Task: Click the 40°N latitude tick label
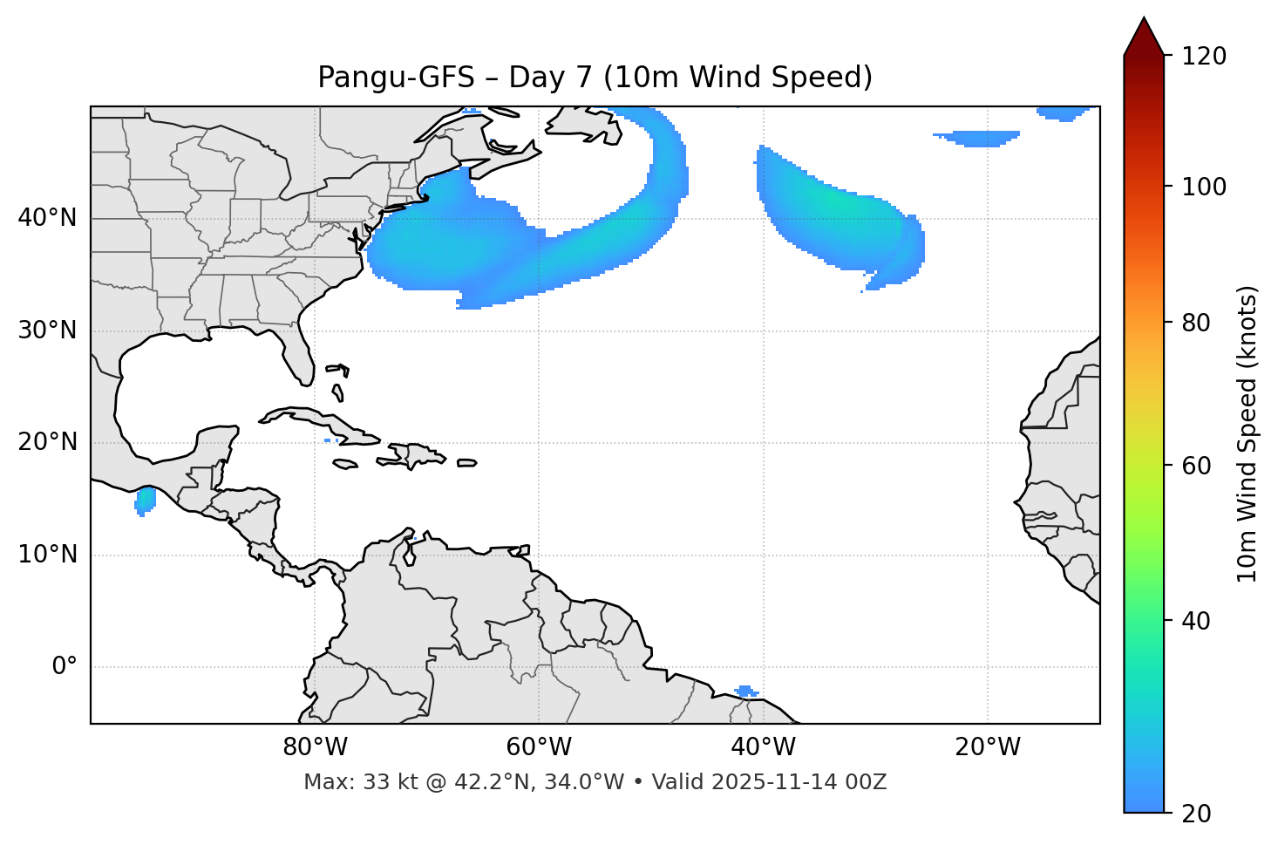click(47, 218)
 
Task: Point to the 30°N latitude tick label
click(47, 331)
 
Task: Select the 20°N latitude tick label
click(47, 442)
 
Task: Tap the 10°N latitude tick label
click(47, 555)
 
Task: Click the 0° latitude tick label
click(65, 667)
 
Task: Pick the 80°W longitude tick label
click(316, 747)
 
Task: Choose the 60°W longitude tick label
click(540, 747)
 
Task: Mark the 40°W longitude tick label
click(764, 747)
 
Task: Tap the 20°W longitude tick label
click(988, 747)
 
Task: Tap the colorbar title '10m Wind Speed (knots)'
click(1247, 433)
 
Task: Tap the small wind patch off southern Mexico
click(145, 501)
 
